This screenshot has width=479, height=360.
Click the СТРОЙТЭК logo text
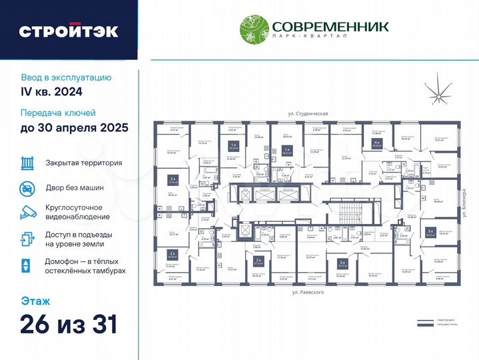(x=68, y=31)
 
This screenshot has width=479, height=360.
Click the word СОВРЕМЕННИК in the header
(x=329, y=26)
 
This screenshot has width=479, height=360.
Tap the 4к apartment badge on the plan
(x=376, y=143)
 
